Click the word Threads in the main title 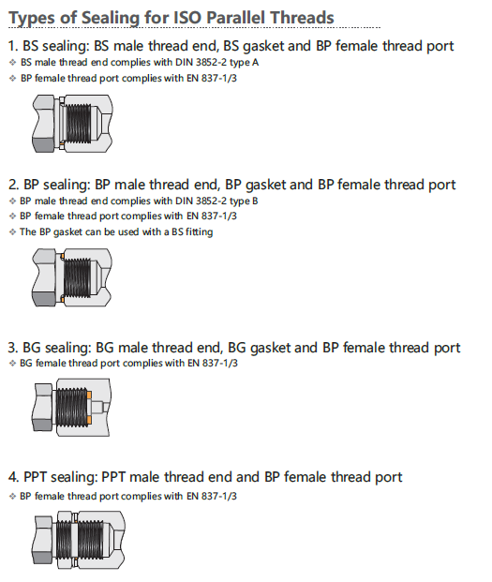[302, 18]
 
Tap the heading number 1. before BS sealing [13, 46]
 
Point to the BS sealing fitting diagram [72, 123]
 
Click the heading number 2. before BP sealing [14, 185]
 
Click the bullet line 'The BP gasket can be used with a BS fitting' [116, 232]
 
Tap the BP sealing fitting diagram [71, 277]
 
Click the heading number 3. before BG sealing [13, 348]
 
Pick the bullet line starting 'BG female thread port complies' [128, 363]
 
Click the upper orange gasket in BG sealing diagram [89, 395]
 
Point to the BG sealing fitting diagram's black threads [71, 407]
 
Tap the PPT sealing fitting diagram [79, 540]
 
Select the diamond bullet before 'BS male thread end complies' [12, 63]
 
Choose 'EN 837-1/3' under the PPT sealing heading [212, 497]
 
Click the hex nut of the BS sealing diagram [44, 123]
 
